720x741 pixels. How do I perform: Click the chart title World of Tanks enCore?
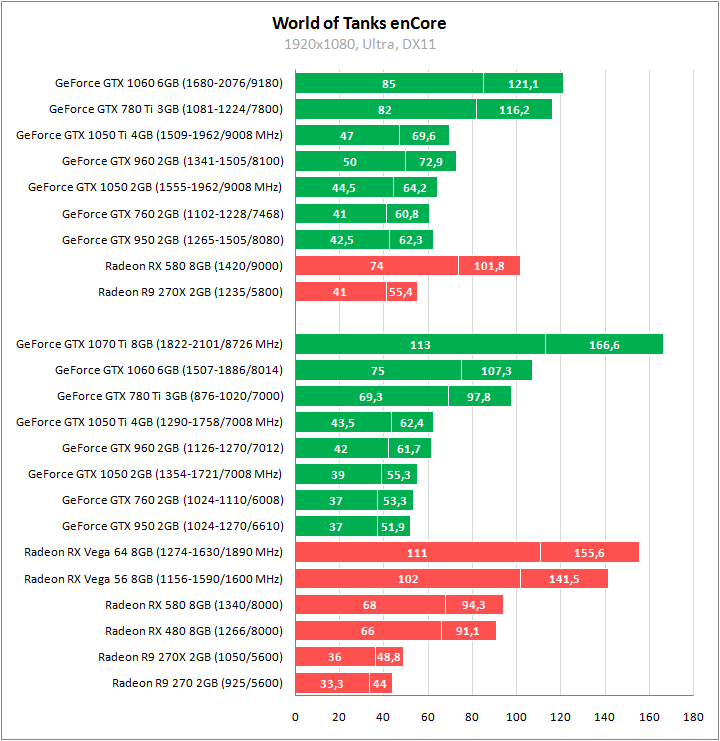(359, 22)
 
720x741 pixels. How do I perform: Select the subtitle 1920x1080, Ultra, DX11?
(359, 44)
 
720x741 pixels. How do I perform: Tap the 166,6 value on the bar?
(604, 345)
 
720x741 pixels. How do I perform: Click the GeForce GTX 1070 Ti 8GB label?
(150, 344)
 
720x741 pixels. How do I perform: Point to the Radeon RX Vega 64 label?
(154, 552)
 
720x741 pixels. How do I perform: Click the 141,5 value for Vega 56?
(564, 579)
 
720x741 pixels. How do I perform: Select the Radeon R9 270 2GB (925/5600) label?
(198, 683)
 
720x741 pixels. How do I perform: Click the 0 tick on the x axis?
(295, 716)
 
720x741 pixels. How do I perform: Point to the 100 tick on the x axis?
(516, 716)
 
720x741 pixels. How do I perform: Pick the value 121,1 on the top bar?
(523, 84)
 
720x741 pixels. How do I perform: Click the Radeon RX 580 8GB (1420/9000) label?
(194, 266)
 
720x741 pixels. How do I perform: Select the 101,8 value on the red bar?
(489, 266)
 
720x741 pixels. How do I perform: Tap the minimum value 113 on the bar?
(420, 345)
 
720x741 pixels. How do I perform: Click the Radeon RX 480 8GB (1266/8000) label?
(194, 631)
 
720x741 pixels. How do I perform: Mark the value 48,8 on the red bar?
(389, 657)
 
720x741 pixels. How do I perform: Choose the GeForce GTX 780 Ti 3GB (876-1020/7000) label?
(170, 396)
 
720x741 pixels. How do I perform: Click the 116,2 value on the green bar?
(514, 110)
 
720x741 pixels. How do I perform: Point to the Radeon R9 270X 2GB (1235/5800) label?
(191, 292)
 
